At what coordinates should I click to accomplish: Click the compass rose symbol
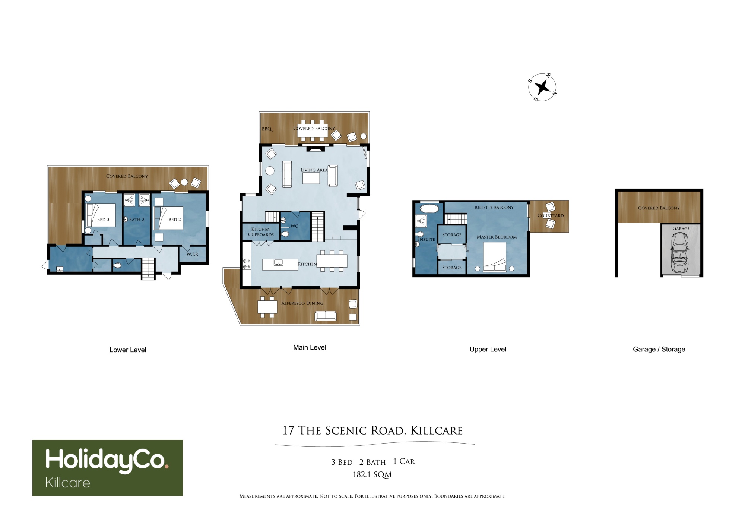point(542,87)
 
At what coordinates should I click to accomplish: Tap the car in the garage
point(680,253)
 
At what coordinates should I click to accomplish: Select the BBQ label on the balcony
point(267,129)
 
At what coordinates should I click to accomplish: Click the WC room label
point(294,226)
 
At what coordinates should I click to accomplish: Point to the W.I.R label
point(193,254)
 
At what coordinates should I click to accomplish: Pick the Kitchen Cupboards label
point(261,232)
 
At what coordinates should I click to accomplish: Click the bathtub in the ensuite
point(429,208)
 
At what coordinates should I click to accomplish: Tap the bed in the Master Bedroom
point(495,256)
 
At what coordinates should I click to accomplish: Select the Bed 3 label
point(103,220)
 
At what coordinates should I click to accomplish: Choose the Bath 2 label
point(137,220)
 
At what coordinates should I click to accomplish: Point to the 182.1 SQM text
point(372,475)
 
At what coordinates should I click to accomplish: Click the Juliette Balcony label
point(494,208)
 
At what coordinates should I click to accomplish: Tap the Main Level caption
point(310,347)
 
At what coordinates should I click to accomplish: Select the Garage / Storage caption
point(659,349)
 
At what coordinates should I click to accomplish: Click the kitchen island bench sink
point(278,263)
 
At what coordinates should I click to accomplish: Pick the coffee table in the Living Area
point(311,179)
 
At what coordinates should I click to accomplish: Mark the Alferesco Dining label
point(302,303)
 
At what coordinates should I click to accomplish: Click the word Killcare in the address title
point(437,431)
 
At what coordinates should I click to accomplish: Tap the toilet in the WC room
point(285,234)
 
